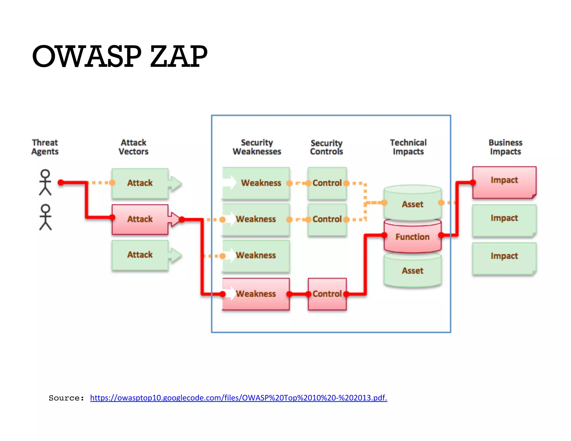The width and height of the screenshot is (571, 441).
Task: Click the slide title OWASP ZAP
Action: [120, 57]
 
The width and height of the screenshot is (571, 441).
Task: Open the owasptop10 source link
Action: [238, 398]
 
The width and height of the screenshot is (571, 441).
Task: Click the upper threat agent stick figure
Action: [45, 182]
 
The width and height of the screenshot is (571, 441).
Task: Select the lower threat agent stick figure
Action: [45, 217]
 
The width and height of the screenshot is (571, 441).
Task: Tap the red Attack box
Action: [140, 219]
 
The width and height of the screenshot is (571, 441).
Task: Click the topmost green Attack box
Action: [140, 183]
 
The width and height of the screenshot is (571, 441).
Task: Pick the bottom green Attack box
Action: [140, 255]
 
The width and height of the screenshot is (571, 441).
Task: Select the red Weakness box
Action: [256, 294]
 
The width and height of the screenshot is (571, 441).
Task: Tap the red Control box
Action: [327, 294]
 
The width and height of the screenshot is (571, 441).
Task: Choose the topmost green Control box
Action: [327, 183]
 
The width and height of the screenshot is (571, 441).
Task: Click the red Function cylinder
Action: [412, 237]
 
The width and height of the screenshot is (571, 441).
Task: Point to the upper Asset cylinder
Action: [412, 204]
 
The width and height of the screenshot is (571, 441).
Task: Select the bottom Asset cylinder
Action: [412, 270]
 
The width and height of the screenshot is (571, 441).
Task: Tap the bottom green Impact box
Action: [504, 256]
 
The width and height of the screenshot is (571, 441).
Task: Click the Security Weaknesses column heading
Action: [257, 147]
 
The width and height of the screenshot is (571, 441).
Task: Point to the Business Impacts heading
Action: [505, 147]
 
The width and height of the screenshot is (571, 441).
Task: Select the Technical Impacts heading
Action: [408, 147]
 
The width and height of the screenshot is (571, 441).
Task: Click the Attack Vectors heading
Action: [133, 147]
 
